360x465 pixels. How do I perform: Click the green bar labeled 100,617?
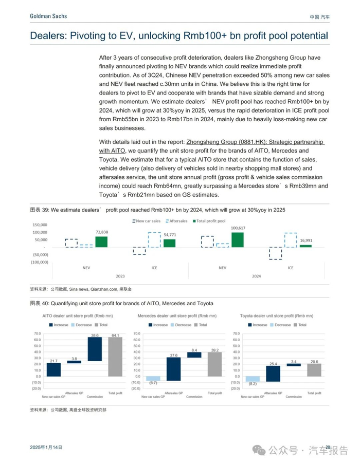238,240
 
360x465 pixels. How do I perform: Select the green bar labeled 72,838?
101,241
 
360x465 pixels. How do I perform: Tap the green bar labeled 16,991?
305,246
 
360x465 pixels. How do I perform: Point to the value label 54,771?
169,235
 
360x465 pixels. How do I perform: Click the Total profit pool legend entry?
209,221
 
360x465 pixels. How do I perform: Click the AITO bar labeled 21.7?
54,370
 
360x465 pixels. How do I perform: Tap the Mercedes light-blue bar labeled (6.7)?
153,378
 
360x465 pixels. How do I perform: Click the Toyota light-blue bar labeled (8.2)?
253,379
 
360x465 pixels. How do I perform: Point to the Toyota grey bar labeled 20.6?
314,370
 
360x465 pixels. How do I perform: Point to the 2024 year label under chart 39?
256,276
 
